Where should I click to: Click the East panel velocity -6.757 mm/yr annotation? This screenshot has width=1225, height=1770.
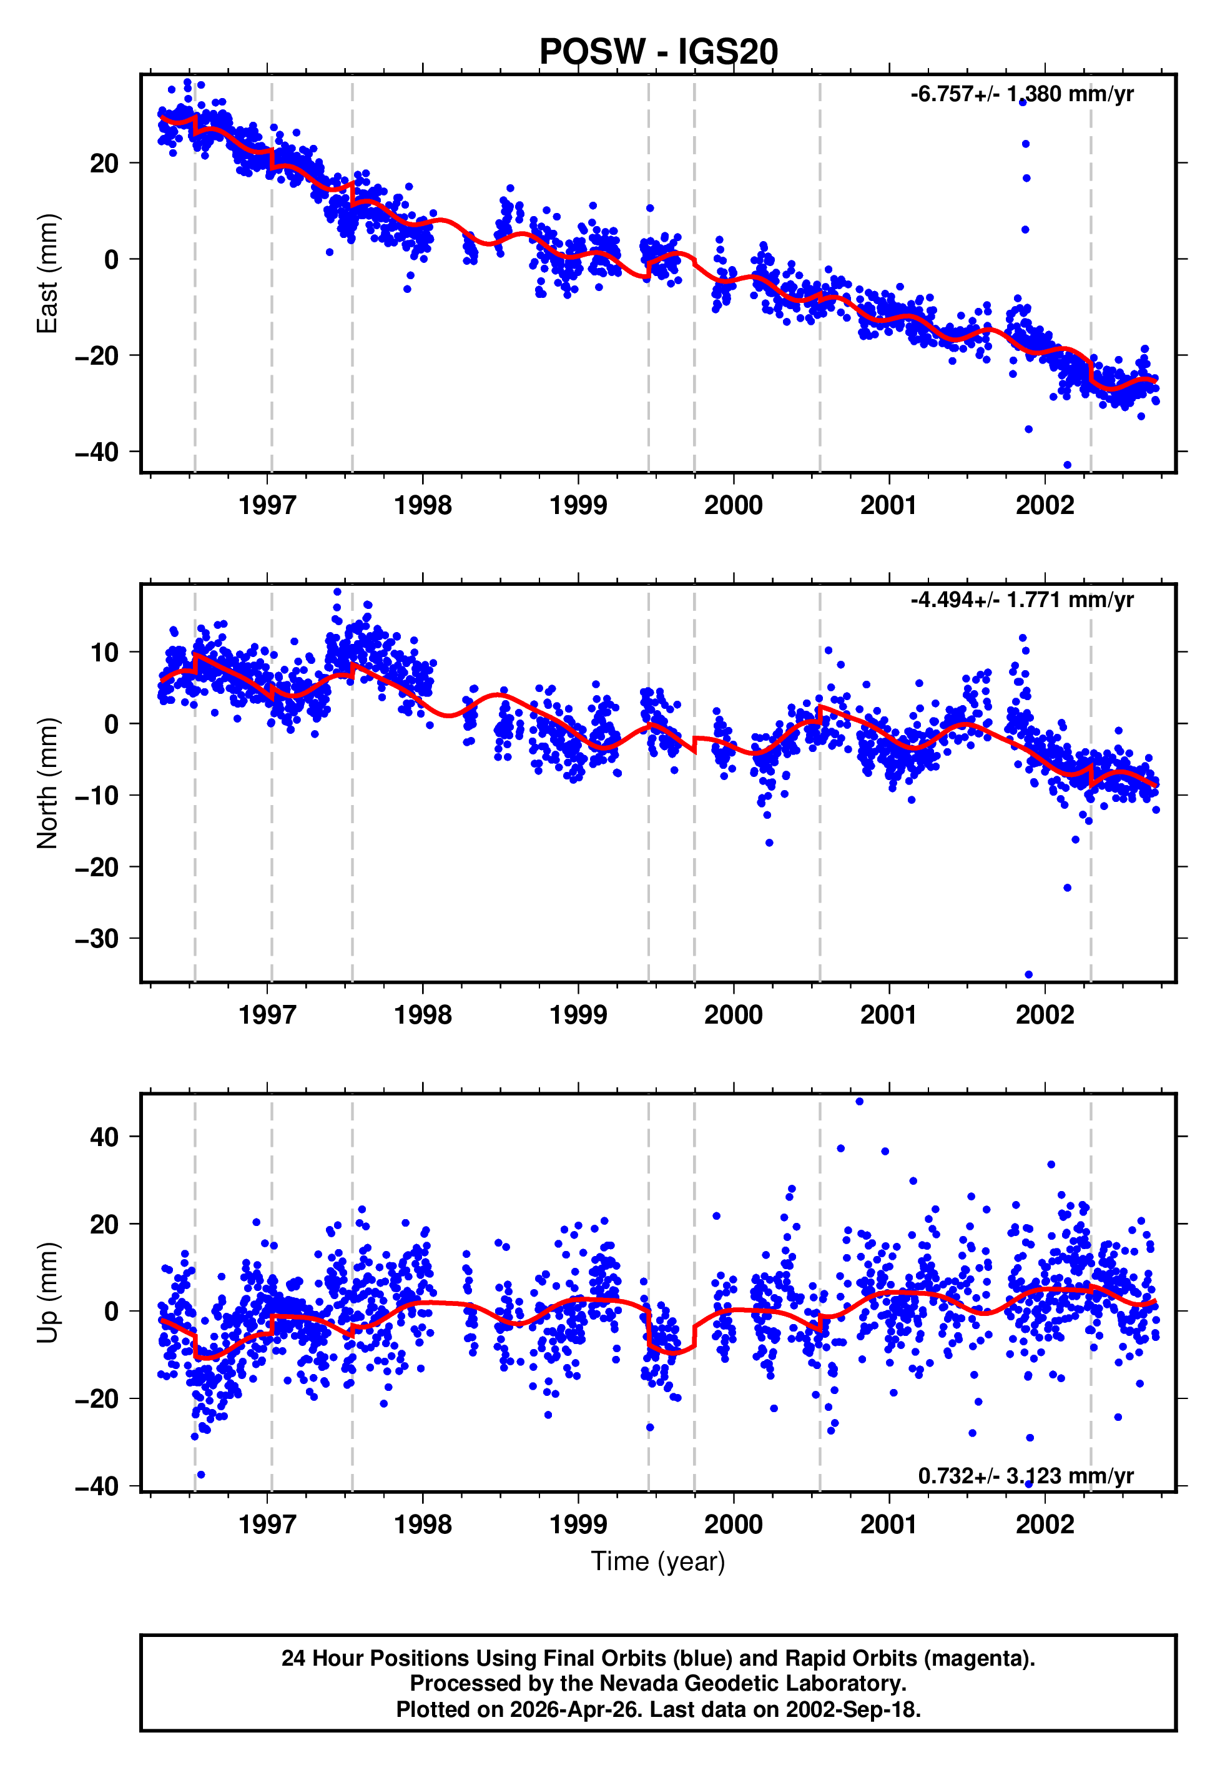tap(1021, 94)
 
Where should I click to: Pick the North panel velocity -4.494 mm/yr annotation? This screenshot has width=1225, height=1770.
tap(1021, 600)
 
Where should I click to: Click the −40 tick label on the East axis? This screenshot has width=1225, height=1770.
tap(97, 452)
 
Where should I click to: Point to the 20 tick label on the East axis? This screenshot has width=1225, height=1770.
tap(104, 164)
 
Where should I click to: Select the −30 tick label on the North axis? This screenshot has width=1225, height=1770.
tap(97, 939)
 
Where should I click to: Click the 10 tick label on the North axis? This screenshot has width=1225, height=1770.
tap(104, 653)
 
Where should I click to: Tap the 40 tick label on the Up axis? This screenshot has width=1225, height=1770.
tap(104, 1137)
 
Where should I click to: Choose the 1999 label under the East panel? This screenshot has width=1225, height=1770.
tap(578, 505)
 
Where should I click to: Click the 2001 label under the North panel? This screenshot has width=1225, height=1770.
tap(889, 1015)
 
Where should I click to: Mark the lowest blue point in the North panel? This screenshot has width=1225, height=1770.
tap(1028, 974)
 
